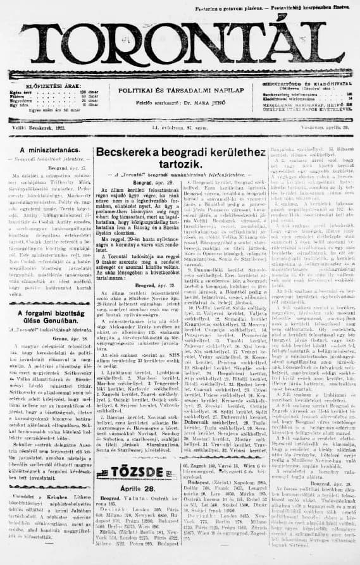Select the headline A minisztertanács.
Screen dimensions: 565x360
click(44, 150)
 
